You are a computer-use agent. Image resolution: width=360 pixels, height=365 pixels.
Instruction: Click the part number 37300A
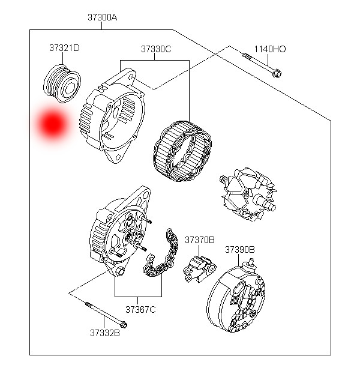pyautogui.click(x=102, y=17)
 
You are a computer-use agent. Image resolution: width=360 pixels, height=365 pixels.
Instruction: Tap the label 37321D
pyautogui.click(x=64, y=47)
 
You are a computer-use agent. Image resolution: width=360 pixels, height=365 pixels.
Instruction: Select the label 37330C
pyautogui.click(x=156, y=49)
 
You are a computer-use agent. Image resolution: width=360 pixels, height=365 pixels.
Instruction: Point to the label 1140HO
pyautogui.click(x=269, y=49)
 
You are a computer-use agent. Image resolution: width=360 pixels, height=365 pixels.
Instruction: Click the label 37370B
pyautogui.click(x=199, y=240)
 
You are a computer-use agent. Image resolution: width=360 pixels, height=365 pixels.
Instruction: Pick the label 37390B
pyautogui.click(x=240, y=249)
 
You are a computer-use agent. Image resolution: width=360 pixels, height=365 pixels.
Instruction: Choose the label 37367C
pyautogui.click(x=140, y=310)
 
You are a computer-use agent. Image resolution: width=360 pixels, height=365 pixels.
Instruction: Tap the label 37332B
pyautogui.click(x=105, y=331)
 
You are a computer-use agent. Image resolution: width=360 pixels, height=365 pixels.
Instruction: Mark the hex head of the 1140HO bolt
pyautogui.click(x=277, y=74)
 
